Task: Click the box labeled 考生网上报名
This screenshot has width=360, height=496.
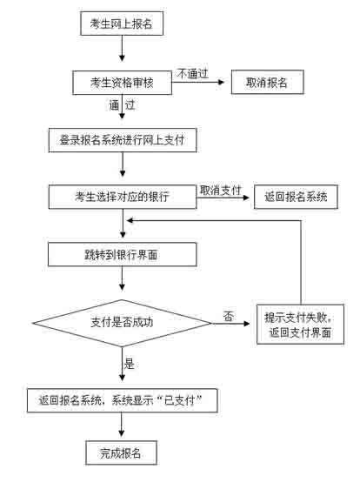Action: coord(122,23)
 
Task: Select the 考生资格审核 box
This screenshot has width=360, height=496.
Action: coord(123,83)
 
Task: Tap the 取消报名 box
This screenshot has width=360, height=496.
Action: coord(268,83)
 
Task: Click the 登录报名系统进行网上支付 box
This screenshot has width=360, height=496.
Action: coord(123,140)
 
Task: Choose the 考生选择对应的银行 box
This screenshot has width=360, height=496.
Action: coord(123,197)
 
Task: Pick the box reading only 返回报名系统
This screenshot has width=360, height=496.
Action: coord(296,197)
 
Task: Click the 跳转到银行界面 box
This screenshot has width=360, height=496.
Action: coord(123,254)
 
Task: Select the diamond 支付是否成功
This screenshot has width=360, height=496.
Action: coord(123,323)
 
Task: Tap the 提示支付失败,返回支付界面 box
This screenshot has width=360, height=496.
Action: coord(300,325)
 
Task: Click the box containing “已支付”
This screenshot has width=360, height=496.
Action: coord(123,400)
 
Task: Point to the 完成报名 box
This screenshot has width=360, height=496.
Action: coord(122,452)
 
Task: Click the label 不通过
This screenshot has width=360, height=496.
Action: coord(192,74)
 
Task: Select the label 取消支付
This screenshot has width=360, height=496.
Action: coord(220,191)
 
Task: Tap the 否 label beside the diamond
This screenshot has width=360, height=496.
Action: coord(229,316)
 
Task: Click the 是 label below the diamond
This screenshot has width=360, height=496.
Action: coord(130,364)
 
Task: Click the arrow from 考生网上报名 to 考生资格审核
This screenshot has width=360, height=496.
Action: coord(122,48)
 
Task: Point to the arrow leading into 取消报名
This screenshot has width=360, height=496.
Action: coord(198,83)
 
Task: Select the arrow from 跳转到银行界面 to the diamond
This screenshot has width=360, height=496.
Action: coord(122,278)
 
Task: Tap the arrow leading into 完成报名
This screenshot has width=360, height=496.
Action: coord(122,425)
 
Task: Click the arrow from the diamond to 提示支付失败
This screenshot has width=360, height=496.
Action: coord(230,324)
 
